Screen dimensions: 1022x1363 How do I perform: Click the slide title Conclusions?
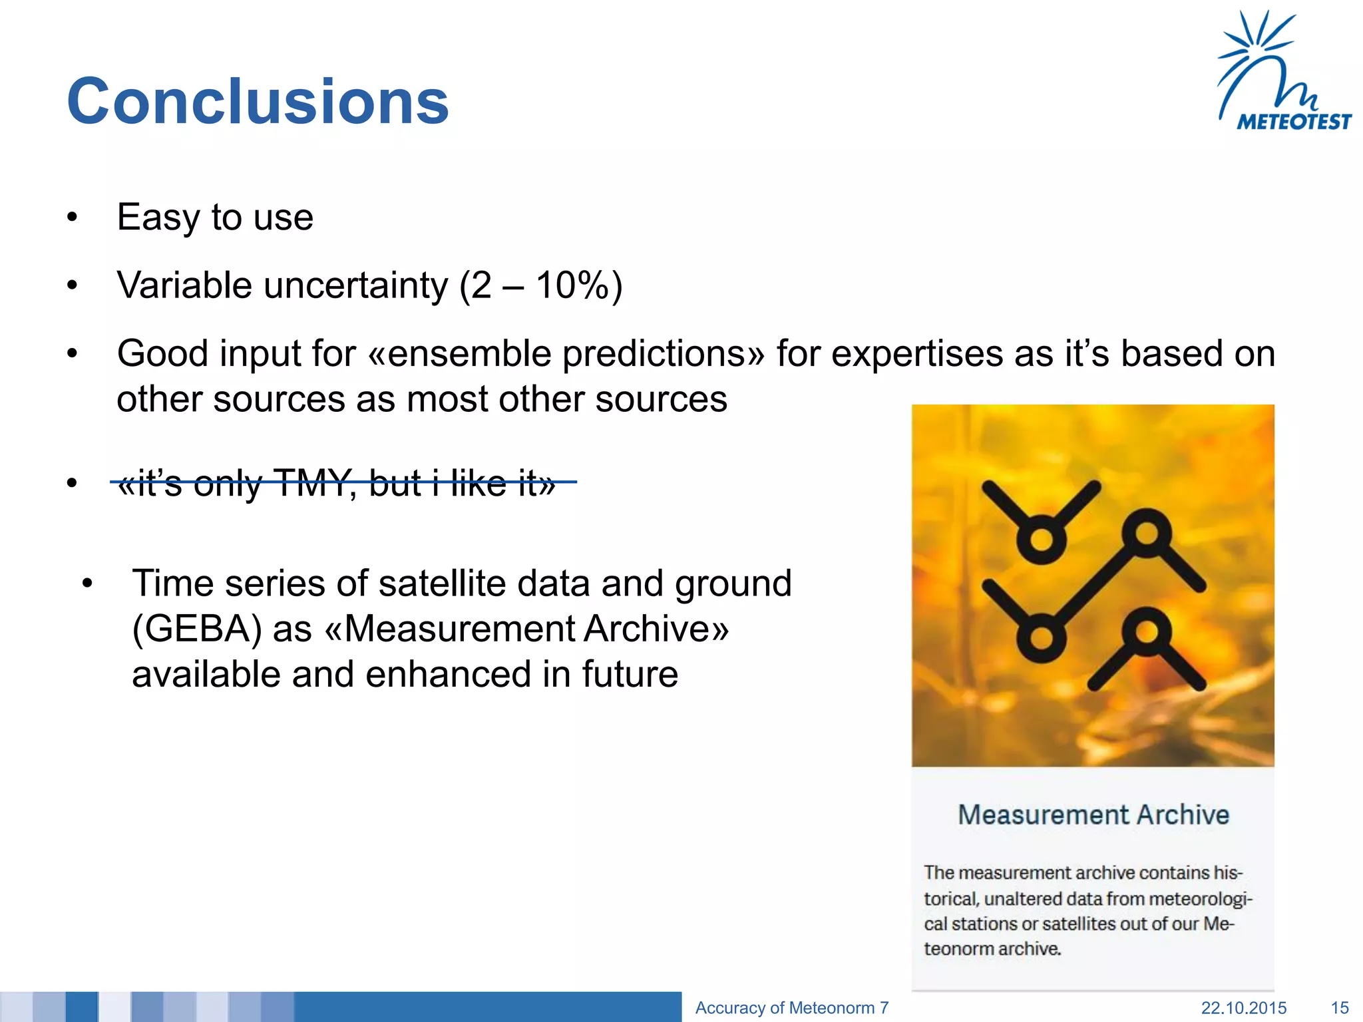pos(258,101)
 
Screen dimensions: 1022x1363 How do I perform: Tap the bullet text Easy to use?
pos(215,217)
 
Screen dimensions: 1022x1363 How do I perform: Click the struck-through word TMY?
pos(311,482)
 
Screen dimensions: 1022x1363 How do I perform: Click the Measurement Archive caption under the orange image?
pos(1093,814)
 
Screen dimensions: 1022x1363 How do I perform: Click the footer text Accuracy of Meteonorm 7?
pos(791,1007)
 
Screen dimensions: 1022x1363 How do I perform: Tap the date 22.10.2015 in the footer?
pos(1243,1007)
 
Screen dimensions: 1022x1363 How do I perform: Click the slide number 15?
pos(1339,1007)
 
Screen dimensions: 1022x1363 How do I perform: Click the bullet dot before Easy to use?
pos(72,218)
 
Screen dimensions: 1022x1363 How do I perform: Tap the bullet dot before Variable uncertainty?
pos(72,286)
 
